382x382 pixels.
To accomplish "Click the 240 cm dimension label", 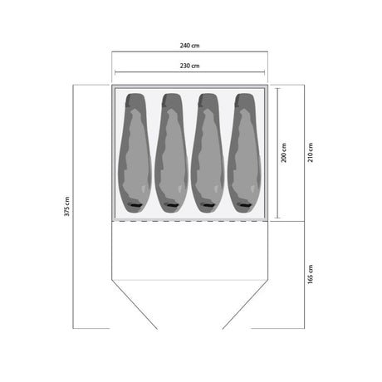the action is (x=189, y=46).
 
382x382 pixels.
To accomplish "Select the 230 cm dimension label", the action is (x=189, y=66).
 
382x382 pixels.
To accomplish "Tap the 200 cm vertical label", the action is (x=284, y=153).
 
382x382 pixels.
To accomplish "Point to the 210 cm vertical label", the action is (x=311, y=153).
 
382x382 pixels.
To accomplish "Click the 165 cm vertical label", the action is (x=311, y=274).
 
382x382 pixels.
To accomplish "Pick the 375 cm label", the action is (x=67, y=207).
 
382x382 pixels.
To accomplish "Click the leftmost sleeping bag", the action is (x=135, y=153).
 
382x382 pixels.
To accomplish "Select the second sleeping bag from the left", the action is (x=171, y=153).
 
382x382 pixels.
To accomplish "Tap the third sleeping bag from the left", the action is (x=208, y=153).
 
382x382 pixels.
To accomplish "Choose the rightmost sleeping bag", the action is (x=244, y=153).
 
